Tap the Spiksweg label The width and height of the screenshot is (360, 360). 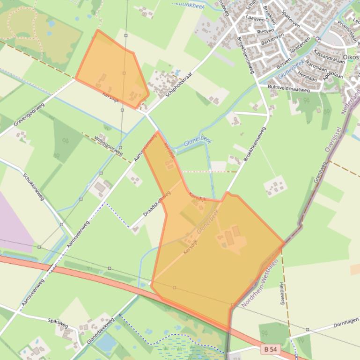tap(58, 322)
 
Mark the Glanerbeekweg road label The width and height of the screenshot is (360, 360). tap(101, 331)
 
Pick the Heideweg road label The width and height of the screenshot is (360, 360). tap(282, 293)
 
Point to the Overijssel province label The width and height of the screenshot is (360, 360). tap(334, 135)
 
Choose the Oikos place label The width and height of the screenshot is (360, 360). tap(351, 57)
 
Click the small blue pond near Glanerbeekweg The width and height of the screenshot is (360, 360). tap(107, 343)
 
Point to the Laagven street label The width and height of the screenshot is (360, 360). tap(255, 19)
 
